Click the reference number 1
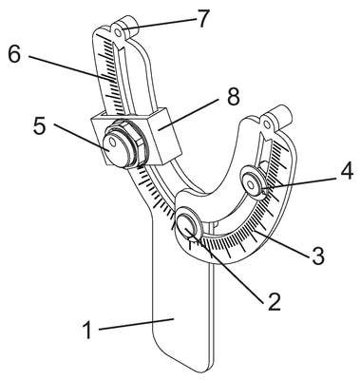(x=87, y=330)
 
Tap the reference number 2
(x=273, y=301)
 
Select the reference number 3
(x=317, y=256)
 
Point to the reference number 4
(x=346, y=172)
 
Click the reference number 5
(x=40, y=126)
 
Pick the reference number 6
(x=14, y=55)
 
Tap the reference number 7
(x=202, y=19)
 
